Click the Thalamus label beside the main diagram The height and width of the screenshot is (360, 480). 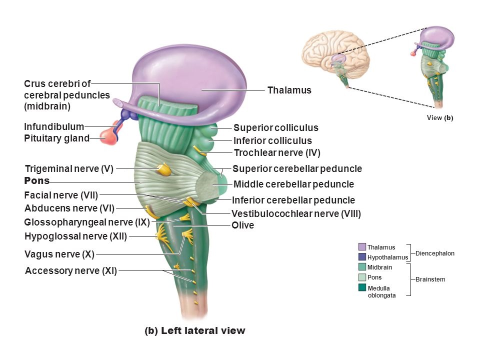pos(289,90)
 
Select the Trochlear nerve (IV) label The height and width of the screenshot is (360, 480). pos(277,153)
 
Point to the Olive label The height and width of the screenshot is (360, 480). pos(243,225)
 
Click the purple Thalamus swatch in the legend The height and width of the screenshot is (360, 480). pos(362,247)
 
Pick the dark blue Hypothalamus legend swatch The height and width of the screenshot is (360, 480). pos(362,257)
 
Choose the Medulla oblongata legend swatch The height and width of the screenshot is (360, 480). pos(362,287)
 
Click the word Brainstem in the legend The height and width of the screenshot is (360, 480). pos(430,279)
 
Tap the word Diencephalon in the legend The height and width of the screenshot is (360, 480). pos(435,253)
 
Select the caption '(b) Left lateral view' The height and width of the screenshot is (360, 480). pos(195,330)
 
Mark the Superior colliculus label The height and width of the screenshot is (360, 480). pos(276,128)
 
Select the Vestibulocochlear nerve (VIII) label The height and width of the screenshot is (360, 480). pos(296,213)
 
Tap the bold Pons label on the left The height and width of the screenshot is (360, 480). pos(36,180)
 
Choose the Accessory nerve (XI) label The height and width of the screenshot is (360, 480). pos(71,271)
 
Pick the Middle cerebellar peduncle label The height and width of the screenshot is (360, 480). pos(293,184)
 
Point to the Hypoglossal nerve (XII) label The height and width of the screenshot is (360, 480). pos(75,236)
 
